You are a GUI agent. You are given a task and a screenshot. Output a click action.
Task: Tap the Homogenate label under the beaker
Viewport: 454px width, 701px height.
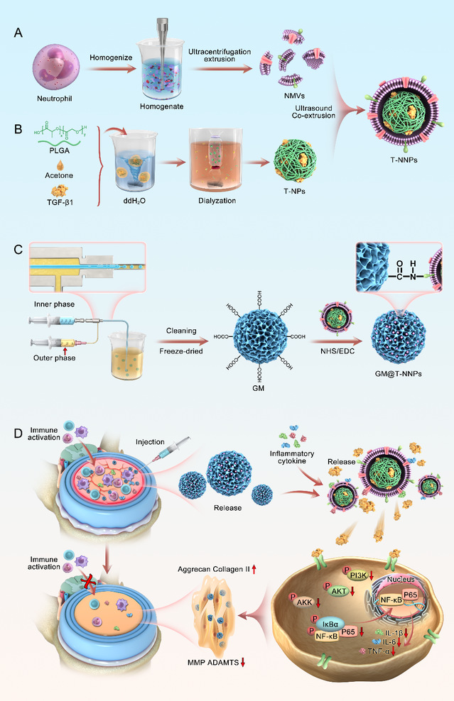(161, 106)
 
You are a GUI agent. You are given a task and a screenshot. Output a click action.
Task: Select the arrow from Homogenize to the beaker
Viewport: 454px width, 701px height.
(111, 69)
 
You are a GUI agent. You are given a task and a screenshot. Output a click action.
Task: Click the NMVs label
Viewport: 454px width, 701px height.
(294, 96)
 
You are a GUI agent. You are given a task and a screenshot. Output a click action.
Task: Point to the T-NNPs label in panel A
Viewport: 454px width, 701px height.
(404, 160)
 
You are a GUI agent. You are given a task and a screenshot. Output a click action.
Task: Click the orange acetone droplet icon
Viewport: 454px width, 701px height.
(60, 165)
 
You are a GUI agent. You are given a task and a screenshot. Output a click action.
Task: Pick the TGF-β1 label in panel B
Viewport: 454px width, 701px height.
(60, 202)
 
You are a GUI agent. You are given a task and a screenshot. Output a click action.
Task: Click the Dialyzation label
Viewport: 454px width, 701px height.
(217, 201)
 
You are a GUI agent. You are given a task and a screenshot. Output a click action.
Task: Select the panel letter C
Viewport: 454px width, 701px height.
(18, 249)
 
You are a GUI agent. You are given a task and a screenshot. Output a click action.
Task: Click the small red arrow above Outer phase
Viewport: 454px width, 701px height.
(65, 351)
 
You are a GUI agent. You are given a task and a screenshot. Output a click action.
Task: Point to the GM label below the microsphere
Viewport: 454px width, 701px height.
(259, 388)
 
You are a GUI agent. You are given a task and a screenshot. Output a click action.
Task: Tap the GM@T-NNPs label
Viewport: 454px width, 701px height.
(399, 374)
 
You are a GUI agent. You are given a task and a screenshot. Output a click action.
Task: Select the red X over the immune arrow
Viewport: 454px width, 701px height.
(89, 583)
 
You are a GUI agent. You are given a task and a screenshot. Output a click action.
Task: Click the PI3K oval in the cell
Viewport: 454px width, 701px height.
(358, 575)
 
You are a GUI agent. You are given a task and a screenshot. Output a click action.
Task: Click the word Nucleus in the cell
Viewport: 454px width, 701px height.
(401, 580)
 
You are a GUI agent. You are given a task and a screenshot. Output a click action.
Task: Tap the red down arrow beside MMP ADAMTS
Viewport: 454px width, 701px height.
(243, 663)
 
